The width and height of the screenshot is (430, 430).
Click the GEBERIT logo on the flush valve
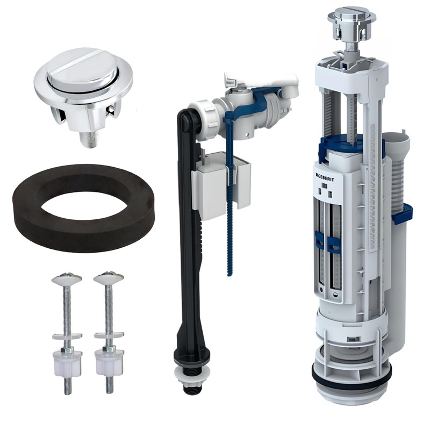(x=325, y=178)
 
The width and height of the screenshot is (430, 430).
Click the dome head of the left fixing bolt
(x=67, y=277)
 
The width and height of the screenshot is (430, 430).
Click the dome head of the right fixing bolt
(x=109, y=277)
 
